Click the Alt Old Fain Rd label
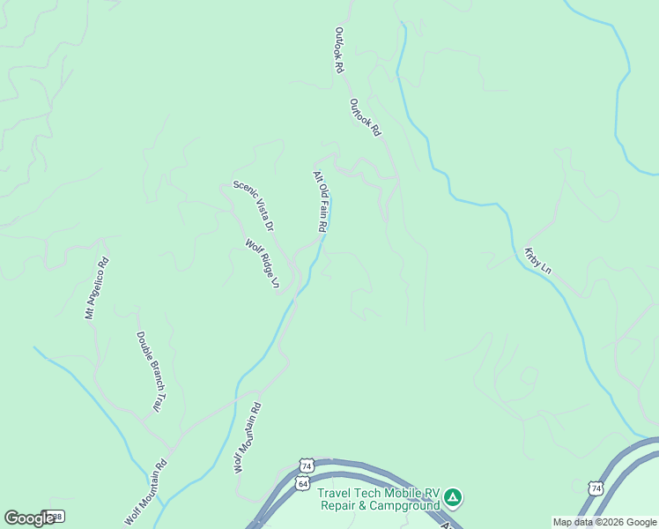(x=321, y=202)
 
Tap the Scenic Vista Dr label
(x=254, y=205)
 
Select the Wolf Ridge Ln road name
(x=262, y=264)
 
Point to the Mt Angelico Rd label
(x=96, y=288)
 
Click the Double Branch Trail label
(x=149, y=371)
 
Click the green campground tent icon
(x=453, y=498)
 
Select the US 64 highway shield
(x=302, y=484)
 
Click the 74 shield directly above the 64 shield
(x=306, y=465)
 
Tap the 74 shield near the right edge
(x=596, y=488)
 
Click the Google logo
(x=29, y=518)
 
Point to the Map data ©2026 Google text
(x=604, y=522)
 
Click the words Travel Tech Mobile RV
(x=379, y=494)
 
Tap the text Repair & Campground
(x=379, y=506)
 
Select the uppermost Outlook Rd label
(x=337, y=49)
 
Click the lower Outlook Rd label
(x=365, y=117)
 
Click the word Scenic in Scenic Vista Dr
(x=241, y=190)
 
